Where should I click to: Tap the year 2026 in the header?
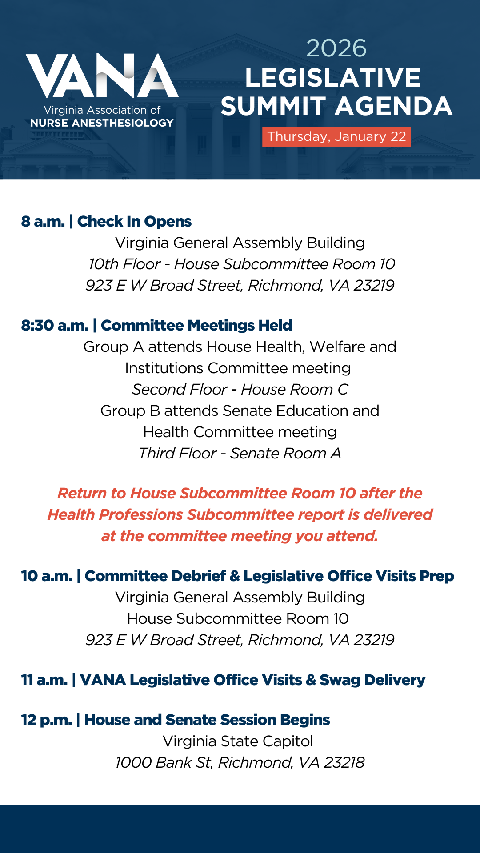336,48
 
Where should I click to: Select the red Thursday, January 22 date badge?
336,136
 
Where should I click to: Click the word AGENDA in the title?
394,107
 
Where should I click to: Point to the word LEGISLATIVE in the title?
333,78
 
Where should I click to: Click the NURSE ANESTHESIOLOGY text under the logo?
102,123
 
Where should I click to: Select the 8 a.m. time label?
43,221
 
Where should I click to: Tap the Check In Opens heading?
134,221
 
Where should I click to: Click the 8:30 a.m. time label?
55,325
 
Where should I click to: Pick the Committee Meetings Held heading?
196,325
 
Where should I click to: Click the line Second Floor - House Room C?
240,389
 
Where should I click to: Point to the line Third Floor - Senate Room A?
240,453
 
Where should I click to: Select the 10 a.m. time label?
47,576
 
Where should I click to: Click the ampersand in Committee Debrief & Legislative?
235,576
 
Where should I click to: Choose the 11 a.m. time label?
44,680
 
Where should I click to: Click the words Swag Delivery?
372,680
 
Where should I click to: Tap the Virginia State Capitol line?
238,741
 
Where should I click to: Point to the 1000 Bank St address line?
240,762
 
